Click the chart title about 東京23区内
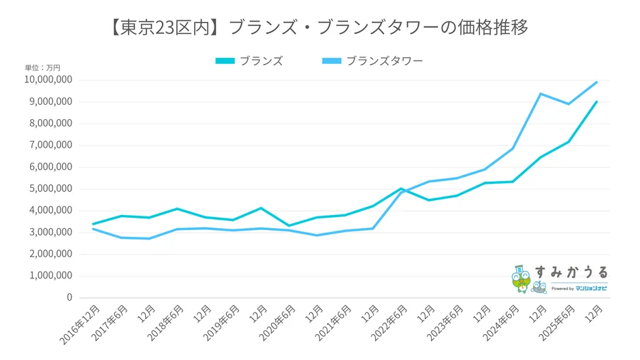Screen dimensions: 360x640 [x=319, y=27]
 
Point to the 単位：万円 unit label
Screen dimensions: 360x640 [x=42, y=67]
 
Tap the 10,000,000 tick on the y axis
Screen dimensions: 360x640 [x=48, y=80]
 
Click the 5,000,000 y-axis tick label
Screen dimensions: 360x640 [x=50, y=189]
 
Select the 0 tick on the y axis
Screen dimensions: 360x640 [x=68, y=298]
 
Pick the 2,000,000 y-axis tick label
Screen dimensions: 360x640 [x=50, y=255]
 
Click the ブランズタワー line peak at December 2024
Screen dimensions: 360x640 [x=541, y=94]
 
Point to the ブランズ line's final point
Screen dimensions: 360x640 [x=596, y=102]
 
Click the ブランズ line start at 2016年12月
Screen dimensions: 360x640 [x=93, y=224]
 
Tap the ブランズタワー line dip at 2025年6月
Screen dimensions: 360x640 [x=569, y=104]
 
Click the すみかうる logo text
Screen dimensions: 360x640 [x=571, y=272]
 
